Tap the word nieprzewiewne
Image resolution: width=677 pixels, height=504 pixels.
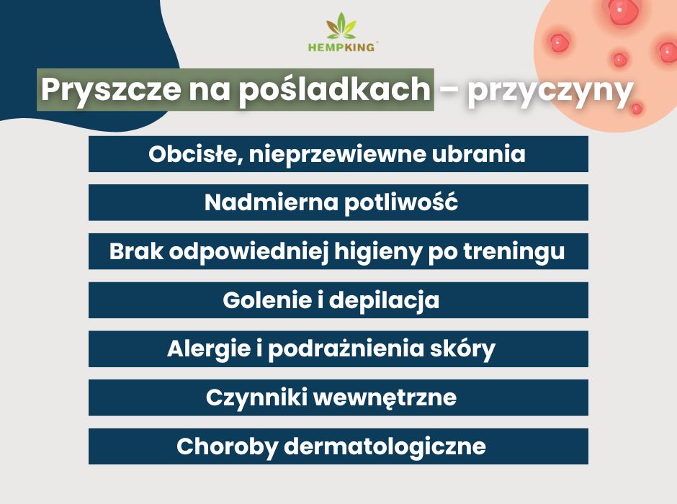(x=341, y=155)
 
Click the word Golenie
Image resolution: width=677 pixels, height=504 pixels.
(x=264, y=300)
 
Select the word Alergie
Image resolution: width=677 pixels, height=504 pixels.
(x=206, y=349)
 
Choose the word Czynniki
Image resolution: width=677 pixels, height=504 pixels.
(x=253, y=397)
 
